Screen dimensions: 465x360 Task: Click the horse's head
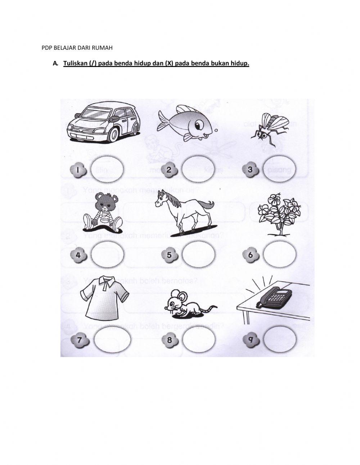(162, 200)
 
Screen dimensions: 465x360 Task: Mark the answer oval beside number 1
(107, 169)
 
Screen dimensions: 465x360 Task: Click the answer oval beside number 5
(198, 255)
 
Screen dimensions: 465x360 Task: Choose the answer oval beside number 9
(280, 338)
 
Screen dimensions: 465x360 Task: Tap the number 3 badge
(250, 169)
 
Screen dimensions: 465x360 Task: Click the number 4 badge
(79, 255)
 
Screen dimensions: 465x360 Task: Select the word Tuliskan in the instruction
(76, 64)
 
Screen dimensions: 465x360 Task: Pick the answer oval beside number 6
(279, 255)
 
